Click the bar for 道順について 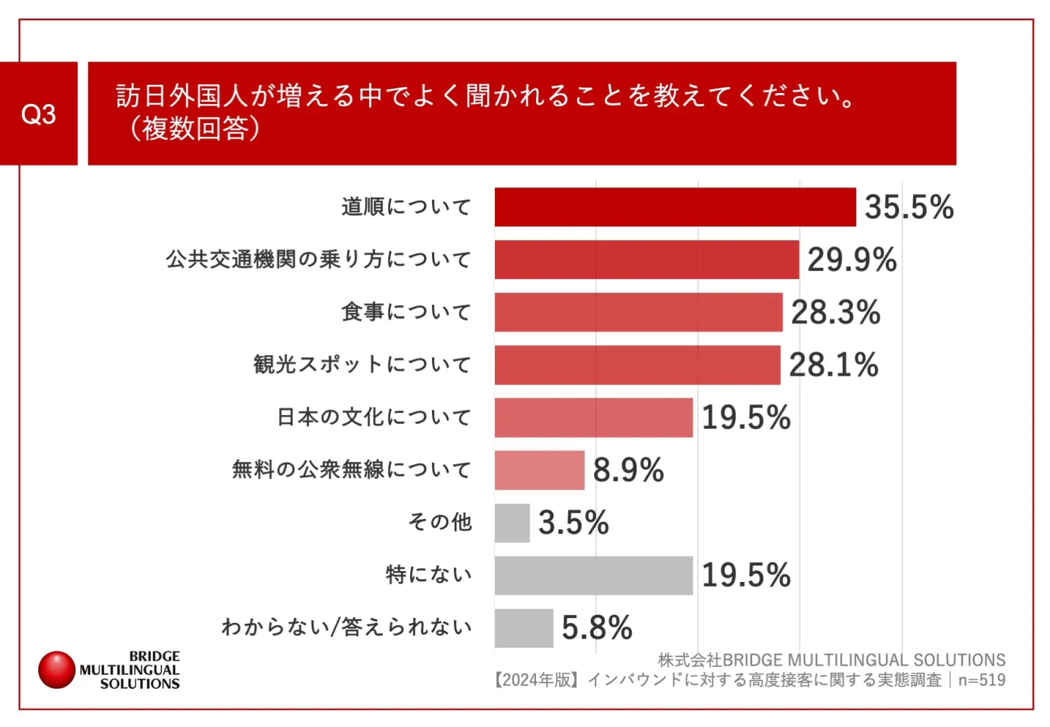coord(675,207)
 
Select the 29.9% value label coord(851,260)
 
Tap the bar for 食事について coord(638,312)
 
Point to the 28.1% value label coord(833,365)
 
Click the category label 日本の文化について coord(374,417)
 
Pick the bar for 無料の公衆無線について coord(539,470)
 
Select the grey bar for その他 coord(512,523)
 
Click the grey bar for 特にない coord(593,575)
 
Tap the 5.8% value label coord(597,627)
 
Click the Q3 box coord(38,114)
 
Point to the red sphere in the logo coord(57,670)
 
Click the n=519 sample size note coord(982,680)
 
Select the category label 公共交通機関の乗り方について coord(319,260)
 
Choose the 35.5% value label coord(908,207)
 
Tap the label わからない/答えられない coord(347,627)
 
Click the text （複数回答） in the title coord(195,129)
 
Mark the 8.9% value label coord(628,470)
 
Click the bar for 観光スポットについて coord(637,365)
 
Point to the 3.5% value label coord(573,523)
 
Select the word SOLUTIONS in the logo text coord(139,683)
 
